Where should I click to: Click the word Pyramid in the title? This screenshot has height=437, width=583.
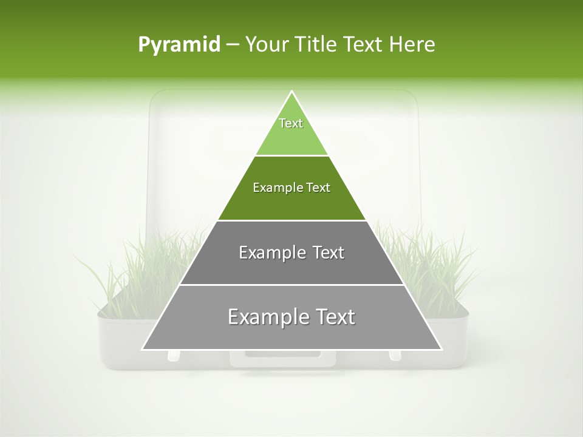click(x=179, y=45)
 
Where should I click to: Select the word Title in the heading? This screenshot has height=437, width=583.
click(x=318, y=45)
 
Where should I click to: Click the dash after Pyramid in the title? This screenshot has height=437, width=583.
click(x=233, y=45)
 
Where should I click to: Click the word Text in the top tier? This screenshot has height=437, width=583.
click(x=291, y=123)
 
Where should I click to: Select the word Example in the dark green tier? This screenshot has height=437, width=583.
click(x=276, y=188)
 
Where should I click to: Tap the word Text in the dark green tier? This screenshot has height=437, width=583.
click(x=318, y=188)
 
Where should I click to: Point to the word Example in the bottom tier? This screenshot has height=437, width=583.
click(x=267, y=317)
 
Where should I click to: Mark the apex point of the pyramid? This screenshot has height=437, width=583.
click(x=291, y=92)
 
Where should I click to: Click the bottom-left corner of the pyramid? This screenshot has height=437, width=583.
click(x=143, y=349)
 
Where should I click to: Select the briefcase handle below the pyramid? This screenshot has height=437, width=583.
click(x=283, y=359)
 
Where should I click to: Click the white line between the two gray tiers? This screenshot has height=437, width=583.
click(x=291, y=285)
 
